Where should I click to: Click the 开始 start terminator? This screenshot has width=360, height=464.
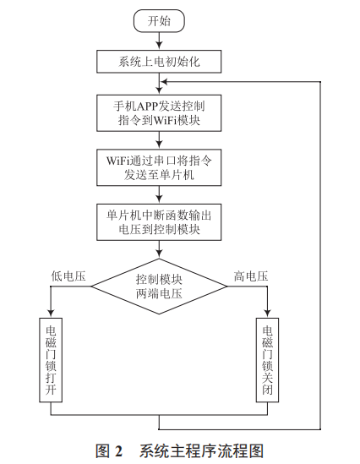pyautogui.click(x=159, y=20)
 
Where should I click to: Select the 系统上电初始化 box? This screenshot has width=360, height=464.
pyautogui.click(x=159, y=62)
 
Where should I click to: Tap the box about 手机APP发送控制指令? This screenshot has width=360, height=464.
pyautogui.click(x=159, y=113)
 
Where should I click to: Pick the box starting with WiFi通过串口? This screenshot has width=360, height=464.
pyautogui.click(x=159, y=168)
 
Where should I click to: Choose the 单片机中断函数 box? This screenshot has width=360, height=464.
pyautogui.click(x=159, y=221)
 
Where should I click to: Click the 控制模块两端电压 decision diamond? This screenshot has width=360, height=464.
pyautogui.click(x=159, y=286)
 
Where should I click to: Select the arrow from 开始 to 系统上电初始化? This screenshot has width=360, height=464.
pyautogui.click(x=159, y=41)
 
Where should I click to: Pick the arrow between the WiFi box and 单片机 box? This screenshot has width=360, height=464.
pyautogui.click(x=159, y=195)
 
